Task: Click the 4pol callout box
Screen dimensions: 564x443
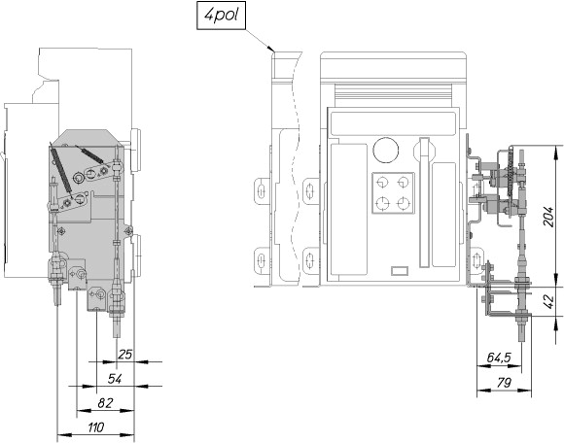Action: (221, 16)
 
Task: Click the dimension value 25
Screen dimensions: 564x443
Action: (125, 355)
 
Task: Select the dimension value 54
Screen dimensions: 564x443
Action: (115, 379)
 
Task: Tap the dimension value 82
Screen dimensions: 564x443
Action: (105, 403)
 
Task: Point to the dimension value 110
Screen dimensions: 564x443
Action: (96, 427)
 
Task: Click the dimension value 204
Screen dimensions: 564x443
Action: (548, 217)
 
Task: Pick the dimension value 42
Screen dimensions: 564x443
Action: (548, 302)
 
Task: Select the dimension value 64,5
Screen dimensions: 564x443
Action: (499, 358)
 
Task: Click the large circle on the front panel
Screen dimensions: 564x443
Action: (386, 150)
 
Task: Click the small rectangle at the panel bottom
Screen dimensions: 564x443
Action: (400, 270)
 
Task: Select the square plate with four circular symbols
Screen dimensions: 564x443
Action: (393, 193)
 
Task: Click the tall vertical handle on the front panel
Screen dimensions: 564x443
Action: (424, 202)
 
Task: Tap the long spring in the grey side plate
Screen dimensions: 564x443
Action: (61, 169)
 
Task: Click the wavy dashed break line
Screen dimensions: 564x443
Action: (297, 169)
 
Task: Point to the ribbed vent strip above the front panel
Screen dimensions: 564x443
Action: (393, 95)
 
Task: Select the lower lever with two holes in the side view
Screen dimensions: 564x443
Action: (71, 201)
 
